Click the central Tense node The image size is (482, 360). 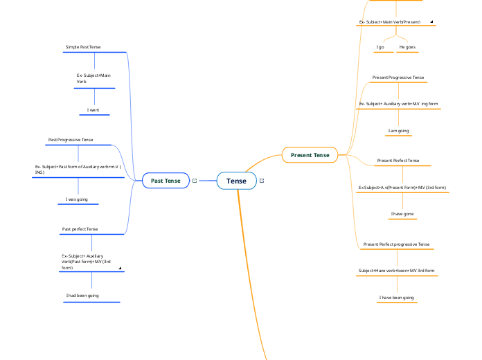pos(236,181)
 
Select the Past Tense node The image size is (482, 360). pos(166,181)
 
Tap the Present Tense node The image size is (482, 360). pos(310,155)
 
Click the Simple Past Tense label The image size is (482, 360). pos(83,47)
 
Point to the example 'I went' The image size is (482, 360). pos(93,110)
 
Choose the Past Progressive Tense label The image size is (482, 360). pos(71,140)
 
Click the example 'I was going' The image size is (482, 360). pos(76,199)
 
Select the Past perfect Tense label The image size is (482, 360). pos(80,229)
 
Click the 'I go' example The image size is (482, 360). pos(380,47)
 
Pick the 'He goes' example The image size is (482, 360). pos(407,47)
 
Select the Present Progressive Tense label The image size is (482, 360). pos(398,78)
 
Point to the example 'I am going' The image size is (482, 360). pos(398,130)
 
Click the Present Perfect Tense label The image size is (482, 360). pos(398,161)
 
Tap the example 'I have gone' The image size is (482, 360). pos(402,214)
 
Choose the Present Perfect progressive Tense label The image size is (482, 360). pos(396,244)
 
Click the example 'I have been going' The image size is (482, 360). pos(396,298)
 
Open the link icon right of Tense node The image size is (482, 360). pos(262,181)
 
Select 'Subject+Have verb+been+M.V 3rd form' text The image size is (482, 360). pos(396,270)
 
